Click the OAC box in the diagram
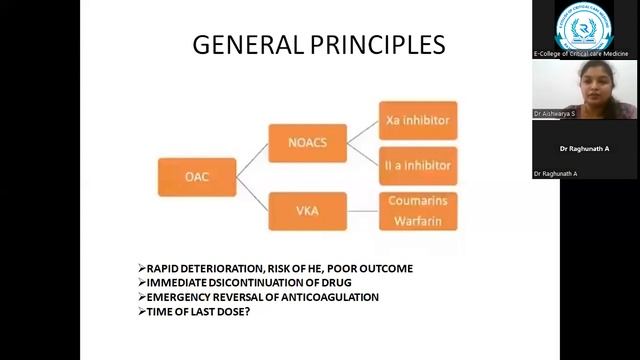click(x=197, y=177)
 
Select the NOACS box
click(x=307, y=142)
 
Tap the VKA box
click(x=307, y=211)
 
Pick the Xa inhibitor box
click(x=417, y=120)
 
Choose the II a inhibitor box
click(x=417, y=164)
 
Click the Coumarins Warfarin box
click(x=417, y=211)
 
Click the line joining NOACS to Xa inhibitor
click(x=362, y=131)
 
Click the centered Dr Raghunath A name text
click(x=585, y=149)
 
